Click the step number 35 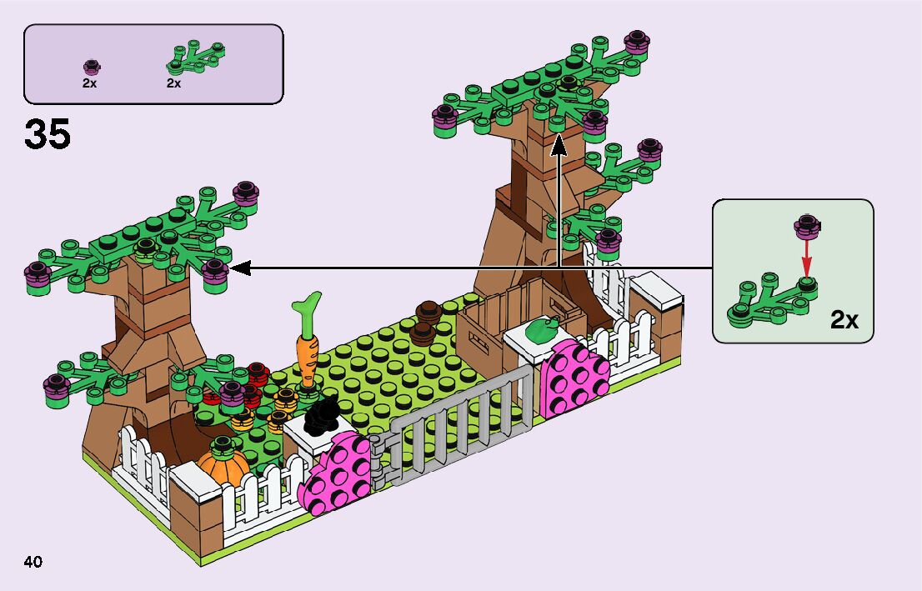pyautogui.click(x=48, y=135)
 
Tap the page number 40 pyautogui.click(x=33, y=561)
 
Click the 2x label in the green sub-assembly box pyautogui.click(x=845, y=319)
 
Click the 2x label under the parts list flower pyautogui.click(x=90, y=83)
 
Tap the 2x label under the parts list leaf pyautogui.click(x=173, y=83)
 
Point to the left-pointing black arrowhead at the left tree pyautogui.click(x=239, y=268)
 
